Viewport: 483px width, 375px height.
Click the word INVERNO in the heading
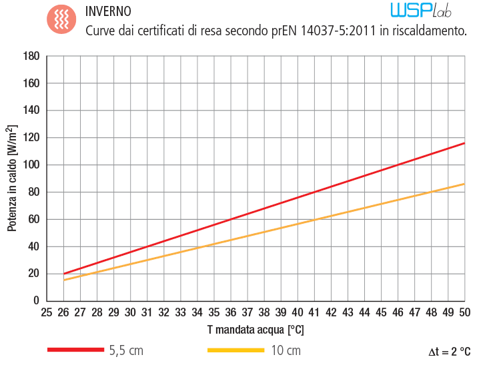(109, 12)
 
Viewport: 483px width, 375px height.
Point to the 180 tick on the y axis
(31, 57)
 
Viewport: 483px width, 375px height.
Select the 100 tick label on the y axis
(31, 165)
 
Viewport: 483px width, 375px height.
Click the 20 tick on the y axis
(33, 274)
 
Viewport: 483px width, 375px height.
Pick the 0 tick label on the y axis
(35, 301)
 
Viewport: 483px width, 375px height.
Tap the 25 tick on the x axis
(46, 312)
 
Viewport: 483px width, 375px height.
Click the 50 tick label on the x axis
(464, 312)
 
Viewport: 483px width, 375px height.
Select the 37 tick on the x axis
(247, 312)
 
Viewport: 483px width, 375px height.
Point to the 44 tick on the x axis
(364, 312)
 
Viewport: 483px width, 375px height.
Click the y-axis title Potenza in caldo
(13, 179)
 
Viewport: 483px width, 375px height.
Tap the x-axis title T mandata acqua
(256, 328)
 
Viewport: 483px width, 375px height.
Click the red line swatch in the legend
(75, 350)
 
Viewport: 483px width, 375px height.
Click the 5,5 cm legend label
(126, 350)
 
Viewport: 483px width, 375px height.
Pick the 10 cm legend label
(285, 350)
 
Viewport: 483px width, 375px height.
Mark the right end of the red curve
(464, 143)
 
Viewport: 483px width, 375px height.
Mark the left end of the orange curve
(64, 280)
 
